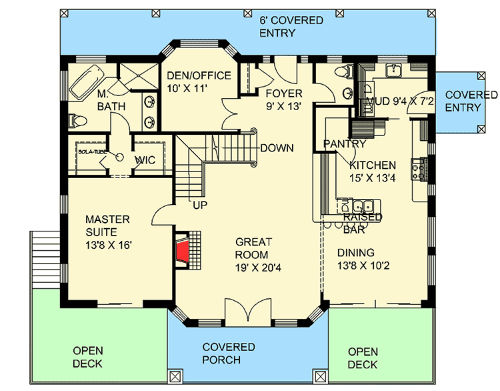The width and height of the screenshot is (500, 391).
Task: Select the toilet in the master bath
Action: (x=75, y=121)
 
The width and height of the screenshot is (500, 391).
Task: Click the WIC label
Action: (x=145, y=160)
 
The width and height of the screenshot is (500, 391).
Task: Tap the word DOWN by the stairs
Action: (x=277, y=147)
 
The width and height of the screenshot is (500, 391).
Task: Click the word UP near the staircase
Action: (x=199, y=205)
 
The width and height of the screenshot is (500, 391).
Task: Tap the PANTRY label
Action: (x=344, y=143)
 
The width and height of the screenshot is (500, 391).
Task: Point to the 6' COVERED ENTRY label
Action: (x=291, y=27)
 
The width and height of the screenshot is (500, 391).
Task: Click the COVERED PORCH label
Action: (x=229, y=354)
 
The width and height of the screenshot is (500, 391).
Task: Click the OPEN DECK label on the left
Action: (x=87, y=358)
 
